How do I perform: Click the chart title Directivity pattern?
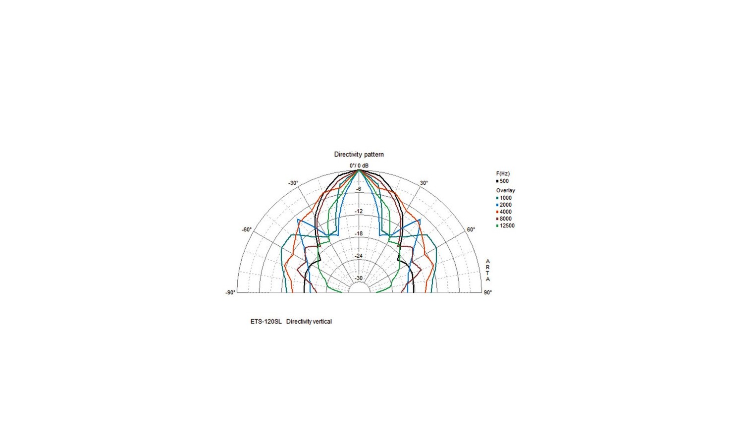click(359, 154)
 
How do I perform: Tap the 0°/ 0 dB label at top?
click(359, 166)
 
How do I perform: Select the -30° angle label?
click(293, 183)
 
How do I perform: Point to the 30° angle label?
click(424, 183)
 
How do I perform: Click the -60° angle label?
click(247, 229)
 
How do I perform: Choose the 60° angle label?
click(471, 229)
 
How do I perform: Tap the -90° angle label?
click(230, 292)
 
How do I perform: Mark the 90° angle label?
click(488, 292)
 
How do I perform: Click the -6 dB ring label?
click(359, 189)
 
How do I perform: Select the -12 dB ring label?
click(359, 211)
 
